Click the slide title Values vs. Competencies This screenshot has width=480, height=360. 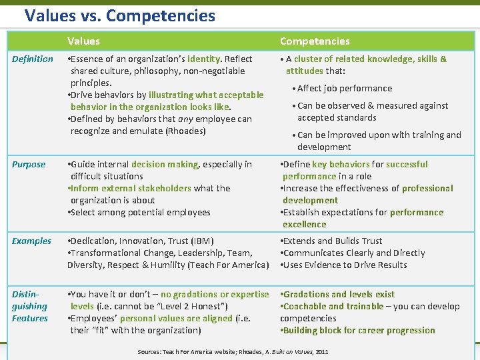click(x=119, y=15)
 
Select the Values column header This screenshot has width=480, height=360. click(x=83, y=41)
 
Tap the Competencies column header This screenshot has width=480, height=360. click(x=315, y=41)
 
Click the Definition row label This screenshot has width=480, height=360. click(x=32, y=59)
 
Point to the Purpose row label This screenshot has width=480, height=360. click(x=29, y=164)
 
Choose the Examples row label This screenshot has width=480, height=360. click(x=31, y=241)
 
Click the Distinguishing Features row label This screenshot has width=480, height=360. click(x=30, y=306)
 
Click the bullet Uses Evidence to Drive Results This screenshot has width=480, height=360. click(x=345, y=265)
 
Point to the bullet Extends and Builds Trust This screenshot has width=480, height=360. click(x=333, y=241)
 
